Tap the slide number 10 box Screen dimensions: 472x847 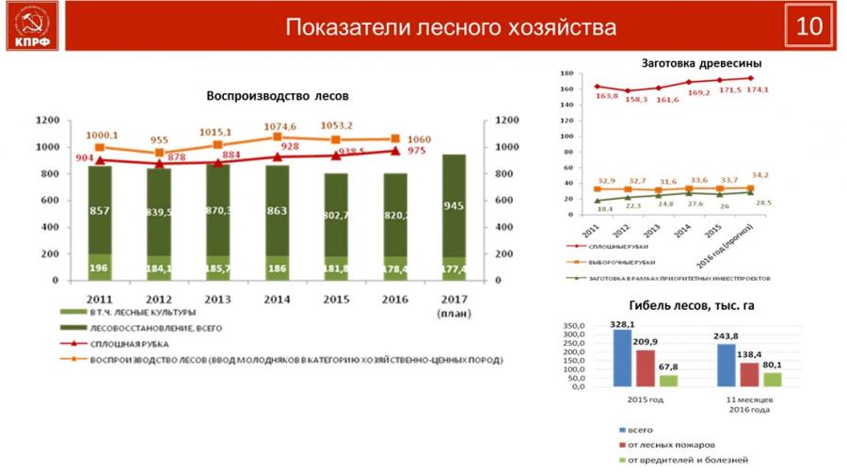coord(808,26)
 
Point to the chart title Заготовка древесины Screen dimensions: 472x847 coord(701,62)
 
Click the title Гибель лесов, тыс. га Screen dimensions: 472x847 coord(691,306)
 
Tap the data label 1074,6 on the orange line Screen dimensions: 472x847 coord(278,126)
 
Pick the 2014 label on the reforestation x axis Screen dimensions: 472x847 coord(278,299)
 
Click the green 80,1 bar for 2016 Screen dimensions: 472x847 coord(773,379)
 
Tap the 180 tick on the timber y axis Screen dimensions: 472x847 coord(566,73)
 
